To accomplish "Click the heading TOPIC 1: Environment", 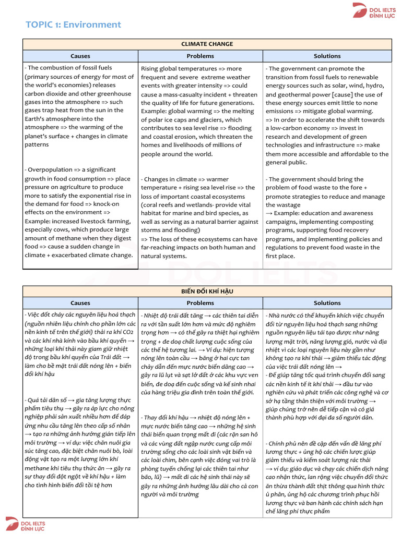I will (x=73, y=25).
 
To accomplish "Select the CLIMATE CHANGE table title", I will (x=207, y=44).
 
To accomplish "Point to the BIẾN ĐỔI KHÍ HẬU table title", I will (x=207, y=291).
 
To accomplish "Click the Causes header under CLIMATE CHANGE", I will (x=80, y=56).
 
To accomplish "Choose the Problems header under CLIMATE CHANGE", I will (x=200, y=56).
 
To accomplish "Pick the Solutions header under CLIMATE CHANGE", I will (x=327, y=56).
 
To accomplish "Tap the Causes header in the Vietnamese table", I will (x=80, y=303).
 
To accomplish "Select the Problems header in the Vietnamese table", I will (x=200, y=303).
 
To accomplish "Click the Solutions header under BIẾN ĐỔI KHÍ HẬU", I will (x=327, y=303).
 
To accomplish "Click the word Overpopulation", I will (x=52, y=170).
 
